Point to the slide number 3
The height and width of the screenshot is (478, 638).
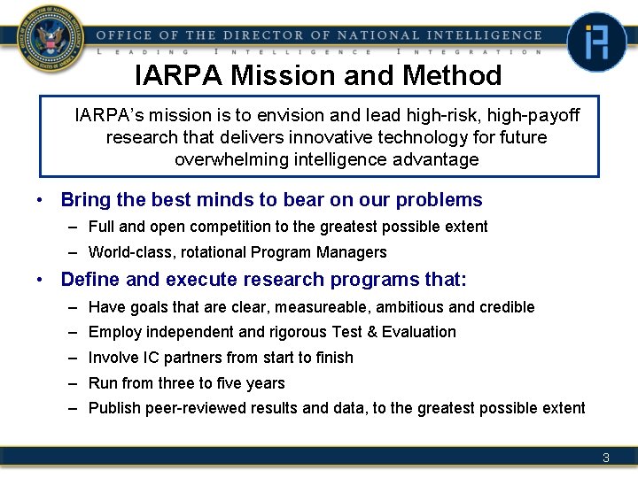pyautogui.click(x=605, y=458)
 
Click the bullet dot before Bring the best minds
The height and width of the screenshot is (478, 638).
pyautogui.click(x=41, y=200)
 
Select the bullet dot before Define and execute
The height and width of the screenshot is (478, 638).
pyautogui.click(x=41, y=280)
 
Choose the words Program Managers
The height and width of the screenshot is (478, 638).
pyautogui.click(x=330, y=252)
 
